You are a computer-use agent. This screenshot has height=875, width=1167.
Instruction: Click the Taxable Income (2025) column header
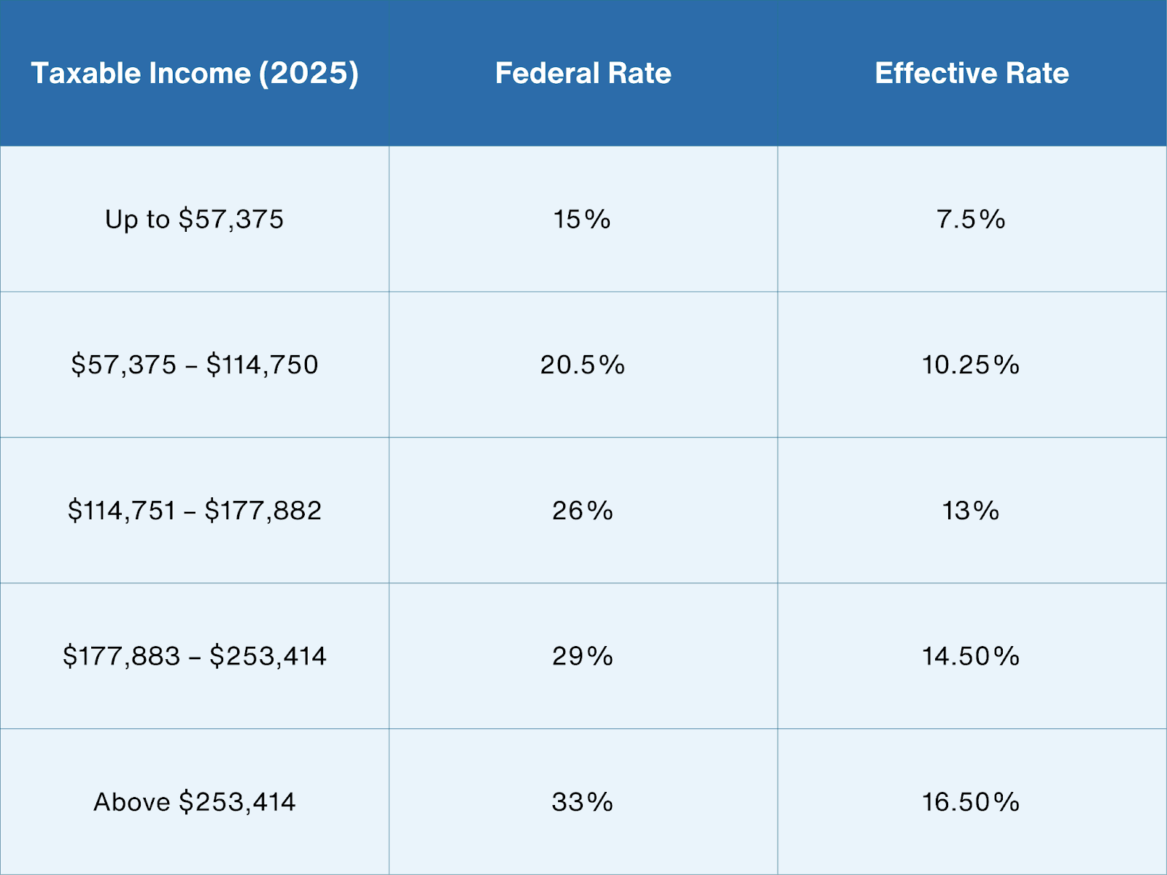(194, 73)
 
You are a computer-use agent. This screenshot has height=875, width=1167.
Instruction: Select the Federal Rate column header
(583, 73)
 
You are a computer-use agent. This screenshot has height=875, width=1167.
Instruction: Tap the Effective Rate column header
(972, 73)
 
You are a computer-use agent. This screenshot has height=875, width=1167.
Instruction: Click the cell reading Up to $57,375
(194, 219)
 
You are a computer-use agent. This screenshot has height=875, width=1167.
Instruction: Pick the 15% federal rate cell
(582, 219)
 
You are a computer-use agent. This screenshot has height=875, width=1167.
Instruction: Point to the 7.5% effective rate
(971, 219)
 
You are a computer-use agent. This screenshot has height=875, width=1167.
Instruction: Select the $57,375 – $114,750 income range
(194, 365)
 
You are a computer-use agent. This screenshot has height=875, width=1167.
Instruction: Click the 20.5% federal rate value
(582, 365)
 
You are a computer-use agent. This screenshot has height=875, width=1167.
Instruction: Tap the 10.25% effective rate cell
(971, 365)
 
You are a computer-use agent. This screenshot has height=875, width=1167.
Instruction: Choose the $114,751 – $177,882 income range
(194, 510)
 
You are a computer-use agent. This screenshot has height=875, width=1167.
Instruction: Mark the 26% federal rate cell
(582, 510)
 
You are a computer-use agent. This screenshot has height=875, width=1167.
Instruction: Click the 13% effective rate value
(971, 510)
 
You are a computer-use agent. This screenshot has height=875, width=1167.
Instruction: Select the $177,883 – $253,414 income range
(194, 656)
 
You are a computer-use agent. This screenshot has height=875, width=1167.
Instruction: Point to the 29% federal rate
(582, 656)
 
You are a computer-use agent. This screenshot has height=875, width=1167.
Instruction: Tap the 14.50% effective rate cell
(971, 656)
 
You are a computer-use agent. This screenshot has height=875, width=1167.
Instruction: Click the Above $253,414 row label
(194, 802)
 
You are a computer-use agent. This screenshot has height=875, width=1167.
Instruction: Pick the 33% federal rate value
(582, 802)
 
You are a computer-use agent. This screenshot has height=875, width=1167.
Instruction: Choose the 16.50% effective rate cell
(971, 802)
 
